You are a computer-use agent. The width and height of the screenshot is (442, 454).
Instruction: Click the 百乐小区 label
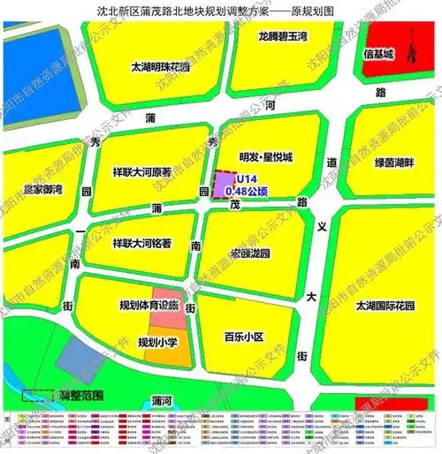pos(244,337)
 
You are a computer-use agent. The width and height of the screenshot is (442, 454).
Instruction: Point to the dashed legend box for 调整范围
pos(37,396)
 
